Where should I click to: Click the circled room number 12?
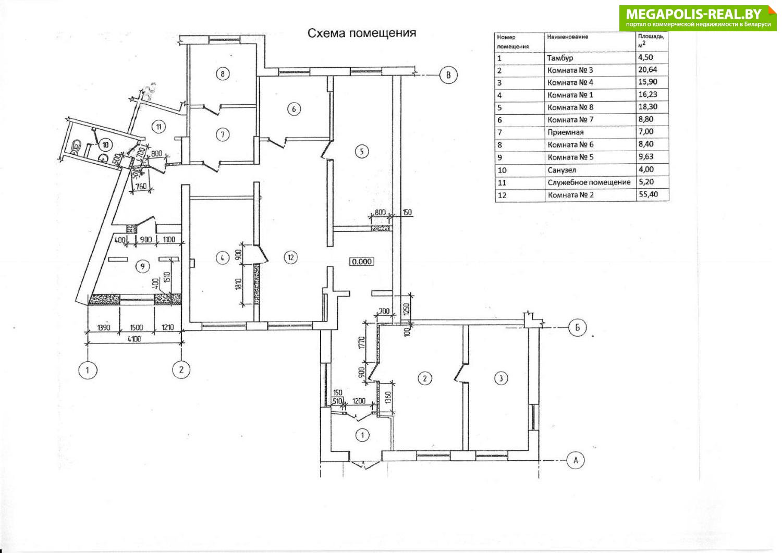coord(291,257)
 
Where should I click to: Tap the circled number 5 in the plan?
coord(361,151)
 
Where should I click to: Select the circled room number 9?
coord(141,266)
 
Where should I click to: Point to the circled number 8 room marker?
coord(223,73)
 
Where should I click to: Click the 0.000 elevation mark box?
coord(362,261)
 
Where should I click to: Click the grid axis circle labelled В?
coord(448,75)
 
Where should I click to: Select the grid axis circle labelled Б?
coord(577,328)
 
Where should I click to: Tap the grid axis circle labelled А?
coord(576,460)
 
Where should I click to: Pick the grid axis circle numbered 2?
coord(181,370)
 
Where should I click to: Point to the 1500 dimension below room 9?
coord(137,327)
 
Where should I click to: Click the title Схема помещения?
coord(362,33)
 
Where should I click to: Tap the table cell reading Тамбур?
coord(560,58)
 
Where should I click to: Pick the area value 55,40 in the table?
coord(645,194)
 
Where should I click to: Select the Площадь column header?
coord(651,40)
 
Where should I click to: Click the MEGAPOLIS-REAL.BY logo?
coord(698,17)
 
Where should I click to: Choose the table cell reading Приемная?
coord(566,132)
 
